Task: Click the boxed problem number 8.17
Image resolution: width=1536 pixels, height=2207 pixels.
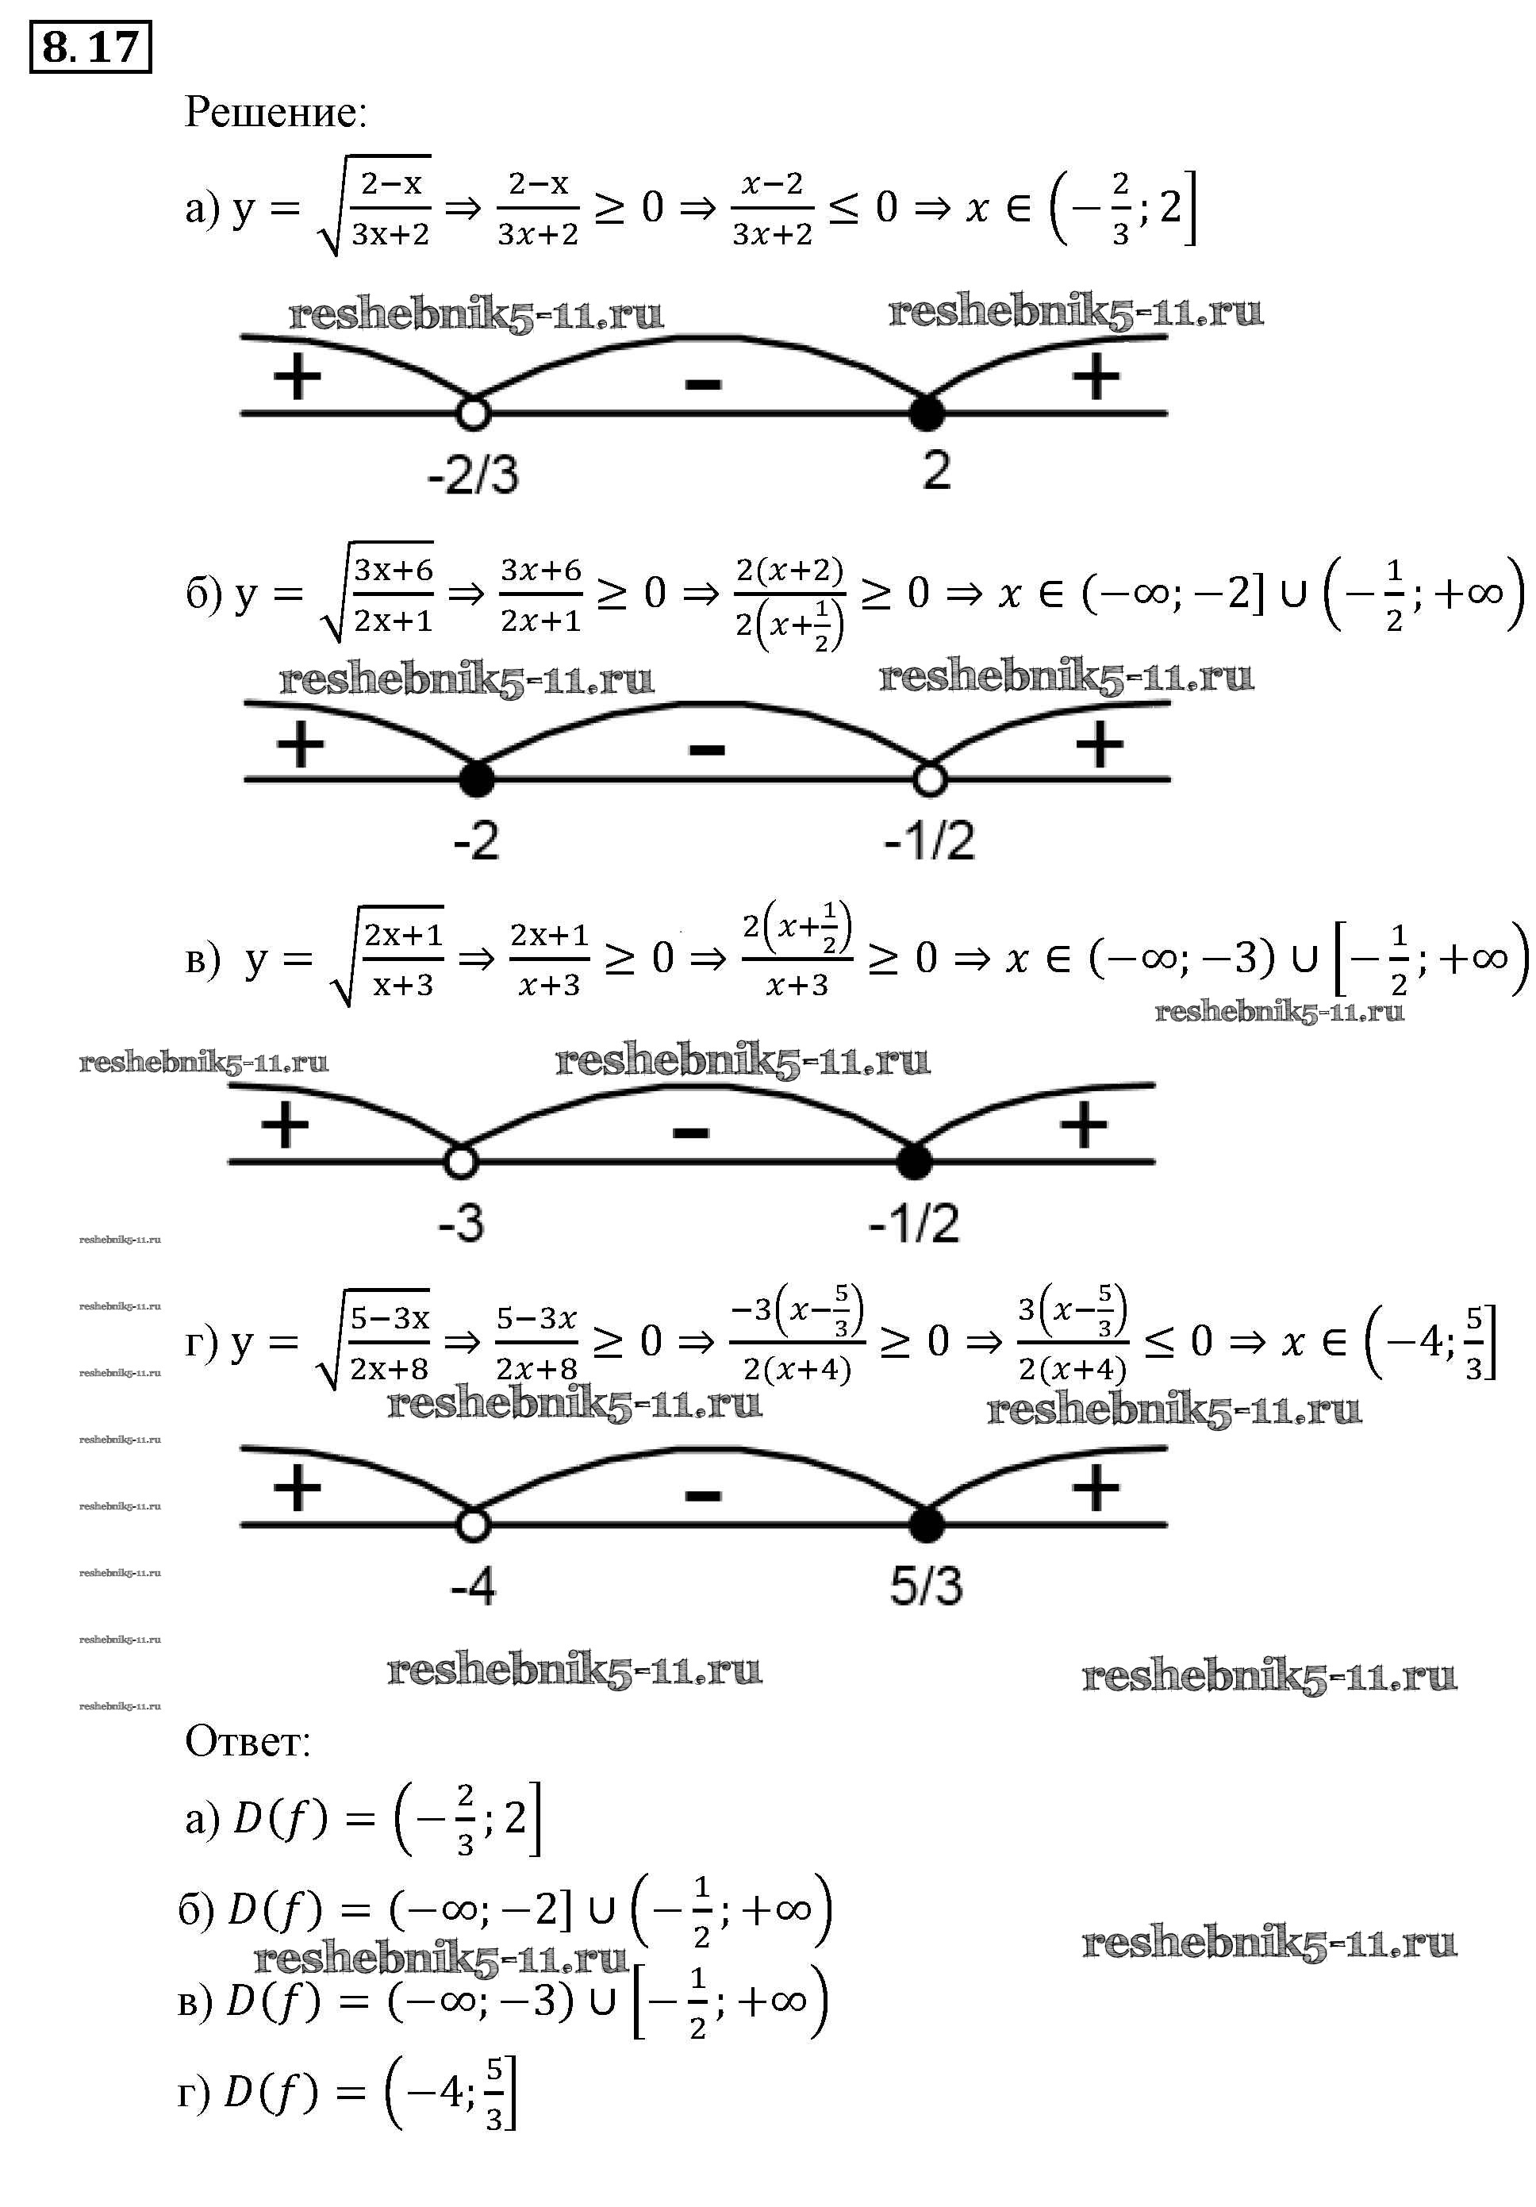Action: coord(90,46)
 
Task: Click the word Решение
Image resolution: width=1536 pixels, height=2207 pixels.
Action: coord(275,113)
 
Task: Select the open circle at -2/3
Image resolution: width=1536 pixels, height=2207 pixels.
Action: coord(473,413)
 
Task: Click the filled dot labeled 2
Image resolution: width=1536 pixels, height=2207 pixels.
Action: coord(927,413)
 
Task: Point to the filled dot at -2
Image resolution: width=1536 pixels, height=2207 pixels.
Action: coord(477,779)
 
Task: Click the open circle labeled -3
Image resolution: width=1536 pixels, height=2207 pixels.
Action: coord(462,1161)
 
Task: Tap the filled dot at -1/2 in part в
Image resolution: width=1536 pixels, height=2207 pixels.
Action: coord(914,1161)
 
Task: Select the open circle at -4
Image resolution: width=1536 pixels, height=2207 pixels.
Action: coord(473,1525)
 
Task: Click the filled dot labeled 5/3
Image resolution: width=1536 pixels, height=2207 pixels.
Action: coord(927,1525)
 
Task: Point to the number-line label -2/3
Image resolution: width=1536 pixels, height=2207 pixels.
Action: coord(473,474)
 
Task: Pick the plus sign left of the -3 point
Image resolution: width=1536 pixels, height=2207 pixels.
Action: coord(285,1124)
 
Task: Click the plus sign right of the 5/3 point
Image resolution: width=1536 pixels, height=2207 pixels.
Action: coord(1096,1488)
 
